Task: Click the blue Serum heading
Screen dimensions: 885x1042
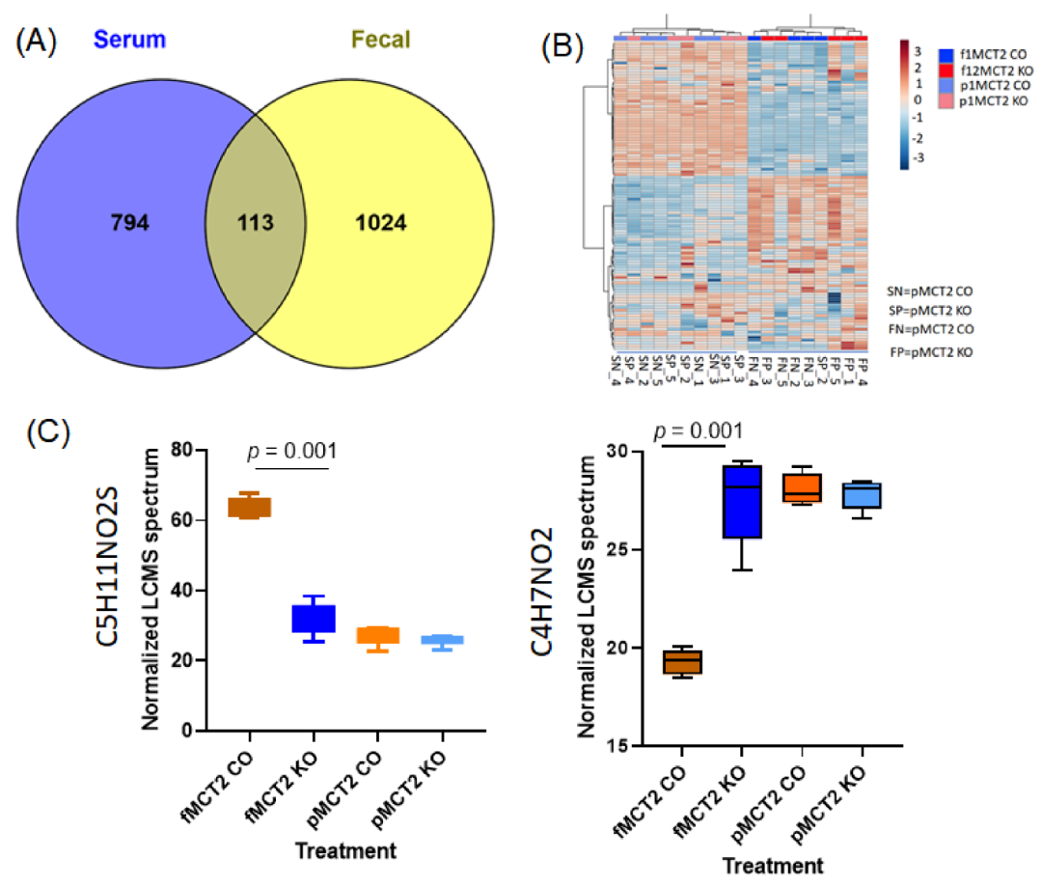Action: [x=127, y=41]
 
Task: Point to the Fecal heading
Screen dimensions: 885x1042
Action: [x=379, y=41]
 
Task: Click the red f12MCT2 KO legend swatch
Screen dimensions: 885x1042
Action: [x=945, y=69]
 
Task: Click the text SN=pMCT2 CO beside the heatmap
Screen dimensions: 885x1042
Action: [x=928, y=290]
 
